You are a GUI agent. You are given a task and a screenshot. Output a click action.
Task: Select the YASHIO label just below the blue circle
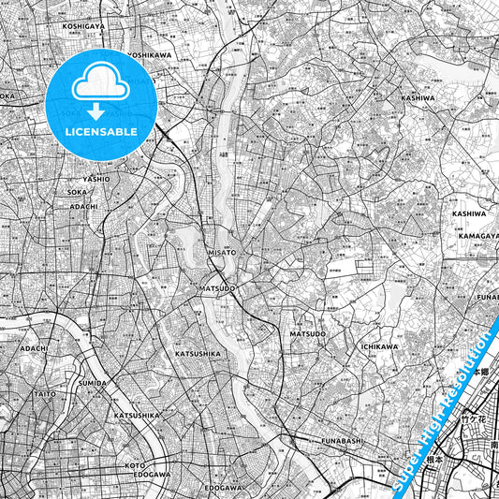95,178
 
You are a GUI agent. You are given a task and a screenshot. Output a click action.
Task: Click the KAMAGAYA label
478,235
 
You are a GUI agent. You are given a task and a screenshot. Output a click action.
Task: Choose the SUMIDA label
94,383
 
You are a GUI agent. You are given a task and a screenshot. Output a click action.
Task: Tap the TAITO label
46,394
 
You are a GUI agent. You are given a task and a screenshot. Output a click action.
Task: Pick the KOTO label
136,464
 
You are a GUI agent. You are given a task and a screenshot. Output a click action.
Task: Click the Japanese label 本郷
479,373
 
